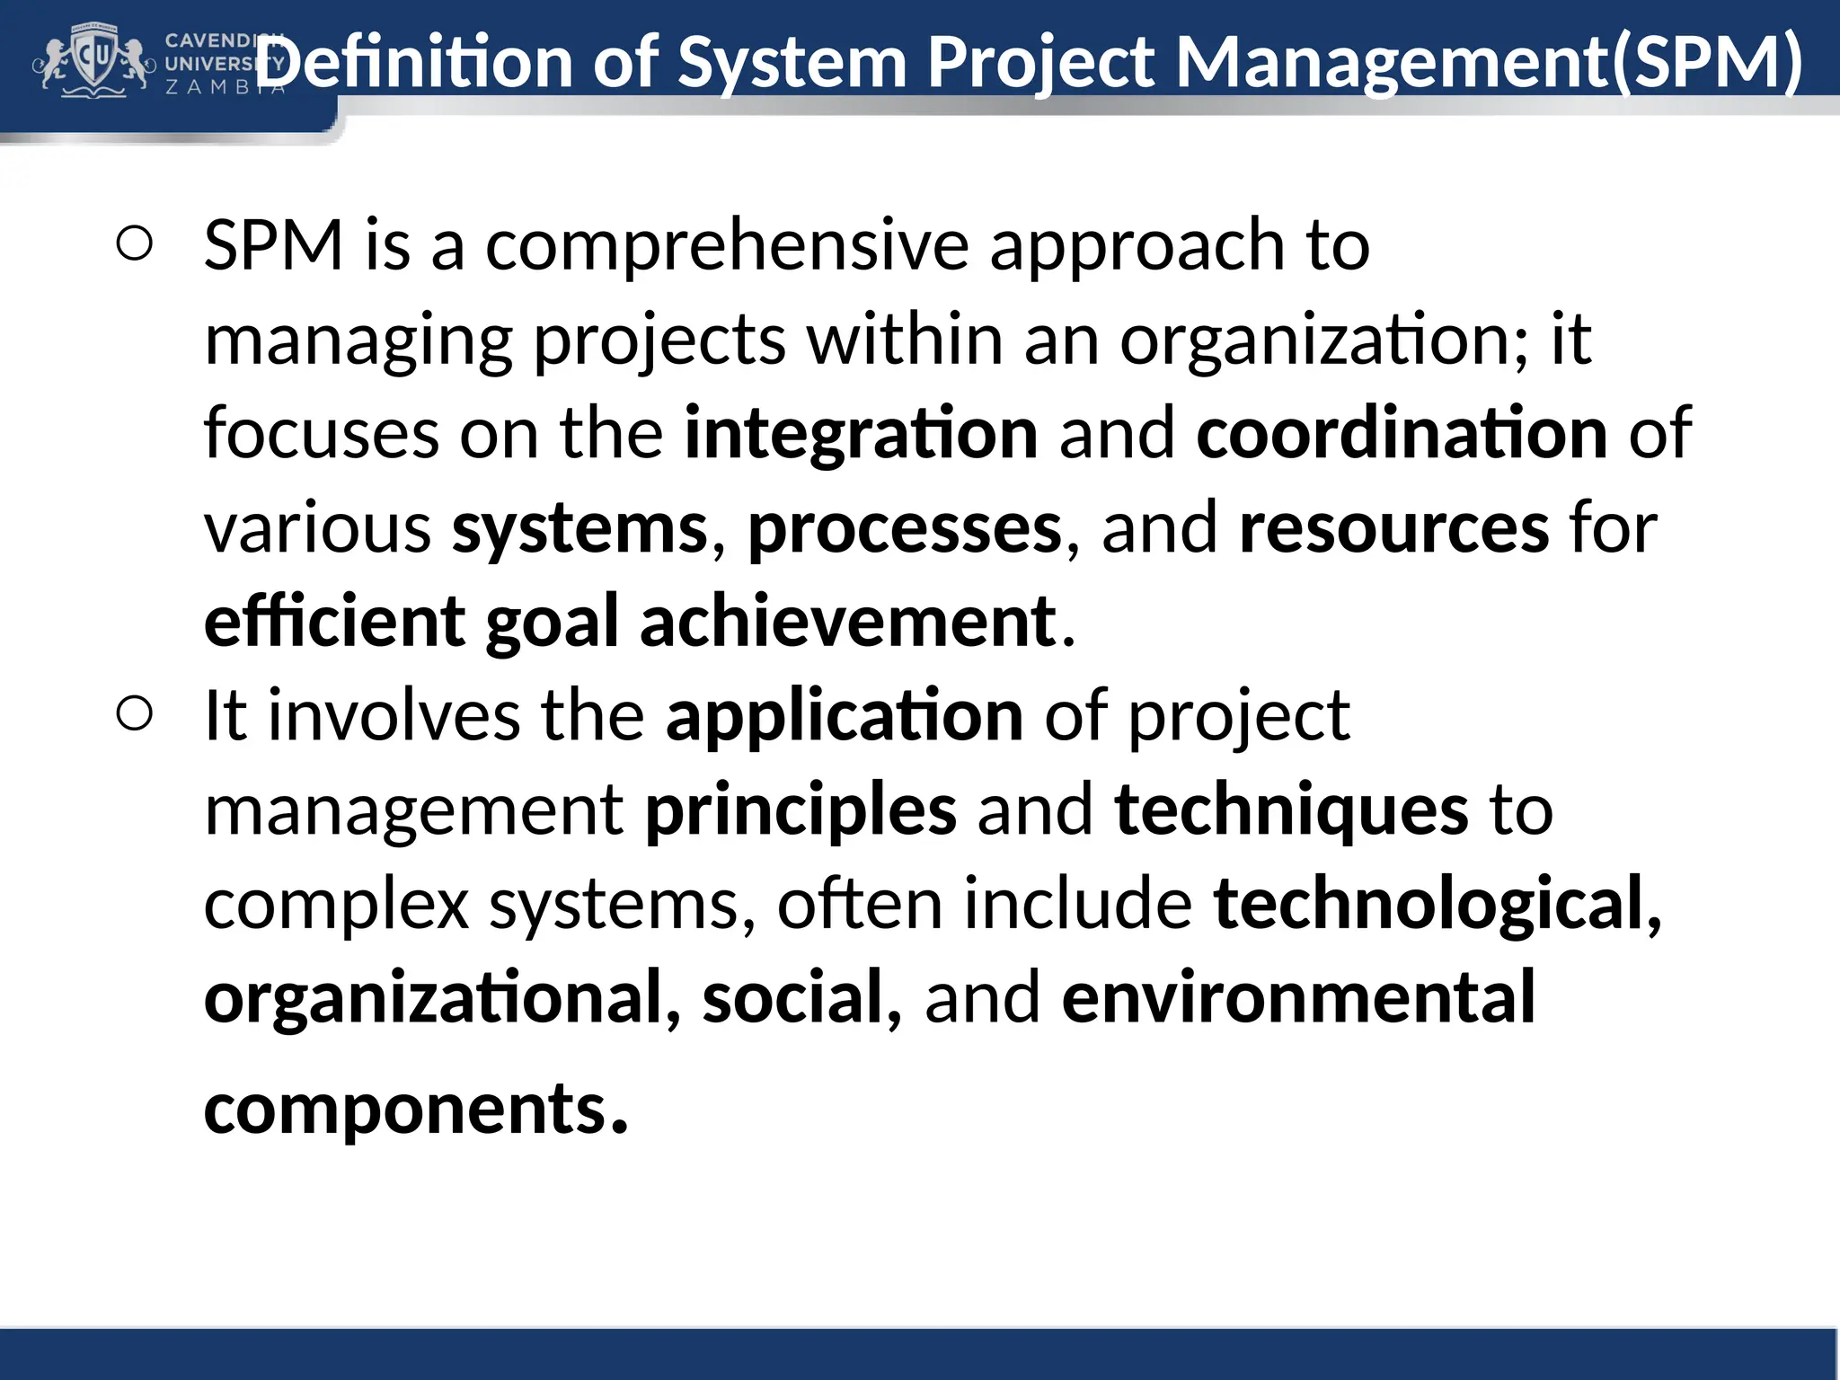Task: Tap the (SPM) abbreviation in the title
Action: pyautogui.click(x=1707, y=62)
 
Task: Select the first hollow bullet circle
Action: pyautogui.click(x=135, y=244)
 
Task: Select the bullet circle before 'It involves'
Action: pyautogui.click(x=135, y=715)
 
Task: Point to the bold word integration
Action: pyautogui.click(x=861, y=433)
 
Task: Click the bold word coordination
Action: pyautogui.click(x=1402, y=433)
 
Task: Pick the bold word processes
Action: pyautogui.click(x=905, y=527)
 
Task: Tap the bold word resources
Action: pyautogui.click(x=1393, y=527)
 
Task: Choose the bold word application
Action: pyautogui.click(x=845, y=716)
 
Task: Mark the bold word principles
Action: pyautogui.click(x=801, y=810)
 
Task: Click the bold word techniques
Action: pyautogui.click(x=1291, y=810)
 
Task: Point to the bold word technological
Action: pyautogui.click(x=1429, y=904)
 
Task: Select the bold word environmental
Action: pyautogui.click(x=1298, y=998)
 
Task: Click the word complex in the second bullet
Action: pyautogui.click(x=337, y=904)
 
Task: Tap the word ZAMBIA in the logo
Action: pyautogui.click(x=225, y=87)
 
